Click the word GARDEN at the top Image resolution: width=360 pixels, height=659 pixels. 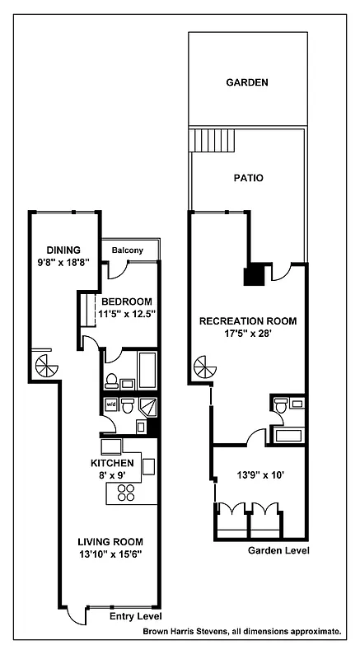[x=247, y=82]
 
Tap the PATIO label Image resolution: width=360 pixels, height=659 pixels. [x=248, y=177]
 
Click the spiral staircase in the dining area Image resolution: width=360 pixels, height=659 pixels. [x=46, y=365]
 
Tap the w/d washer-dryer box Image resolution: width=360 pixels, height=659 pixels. [x=110, y=405]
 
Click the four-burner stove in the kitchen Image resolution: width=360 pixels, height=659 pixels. [x=126, y=493]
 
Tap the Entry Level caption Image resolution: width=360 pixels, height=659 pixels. [x=136, y=616]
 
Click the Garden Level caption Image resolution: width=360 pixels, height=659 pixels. [x=278, y=550]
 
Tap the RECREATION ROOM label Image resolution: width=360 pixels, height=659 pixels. [x=247, y=320]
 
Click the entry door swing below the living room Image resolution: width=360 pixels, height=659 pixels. [x=76, y=614]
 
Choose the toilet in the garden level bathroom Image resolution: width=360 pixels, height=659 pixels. [x=282, y=405]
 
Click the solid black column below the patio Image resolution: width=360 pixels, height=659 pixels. [x=255, y=274]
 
